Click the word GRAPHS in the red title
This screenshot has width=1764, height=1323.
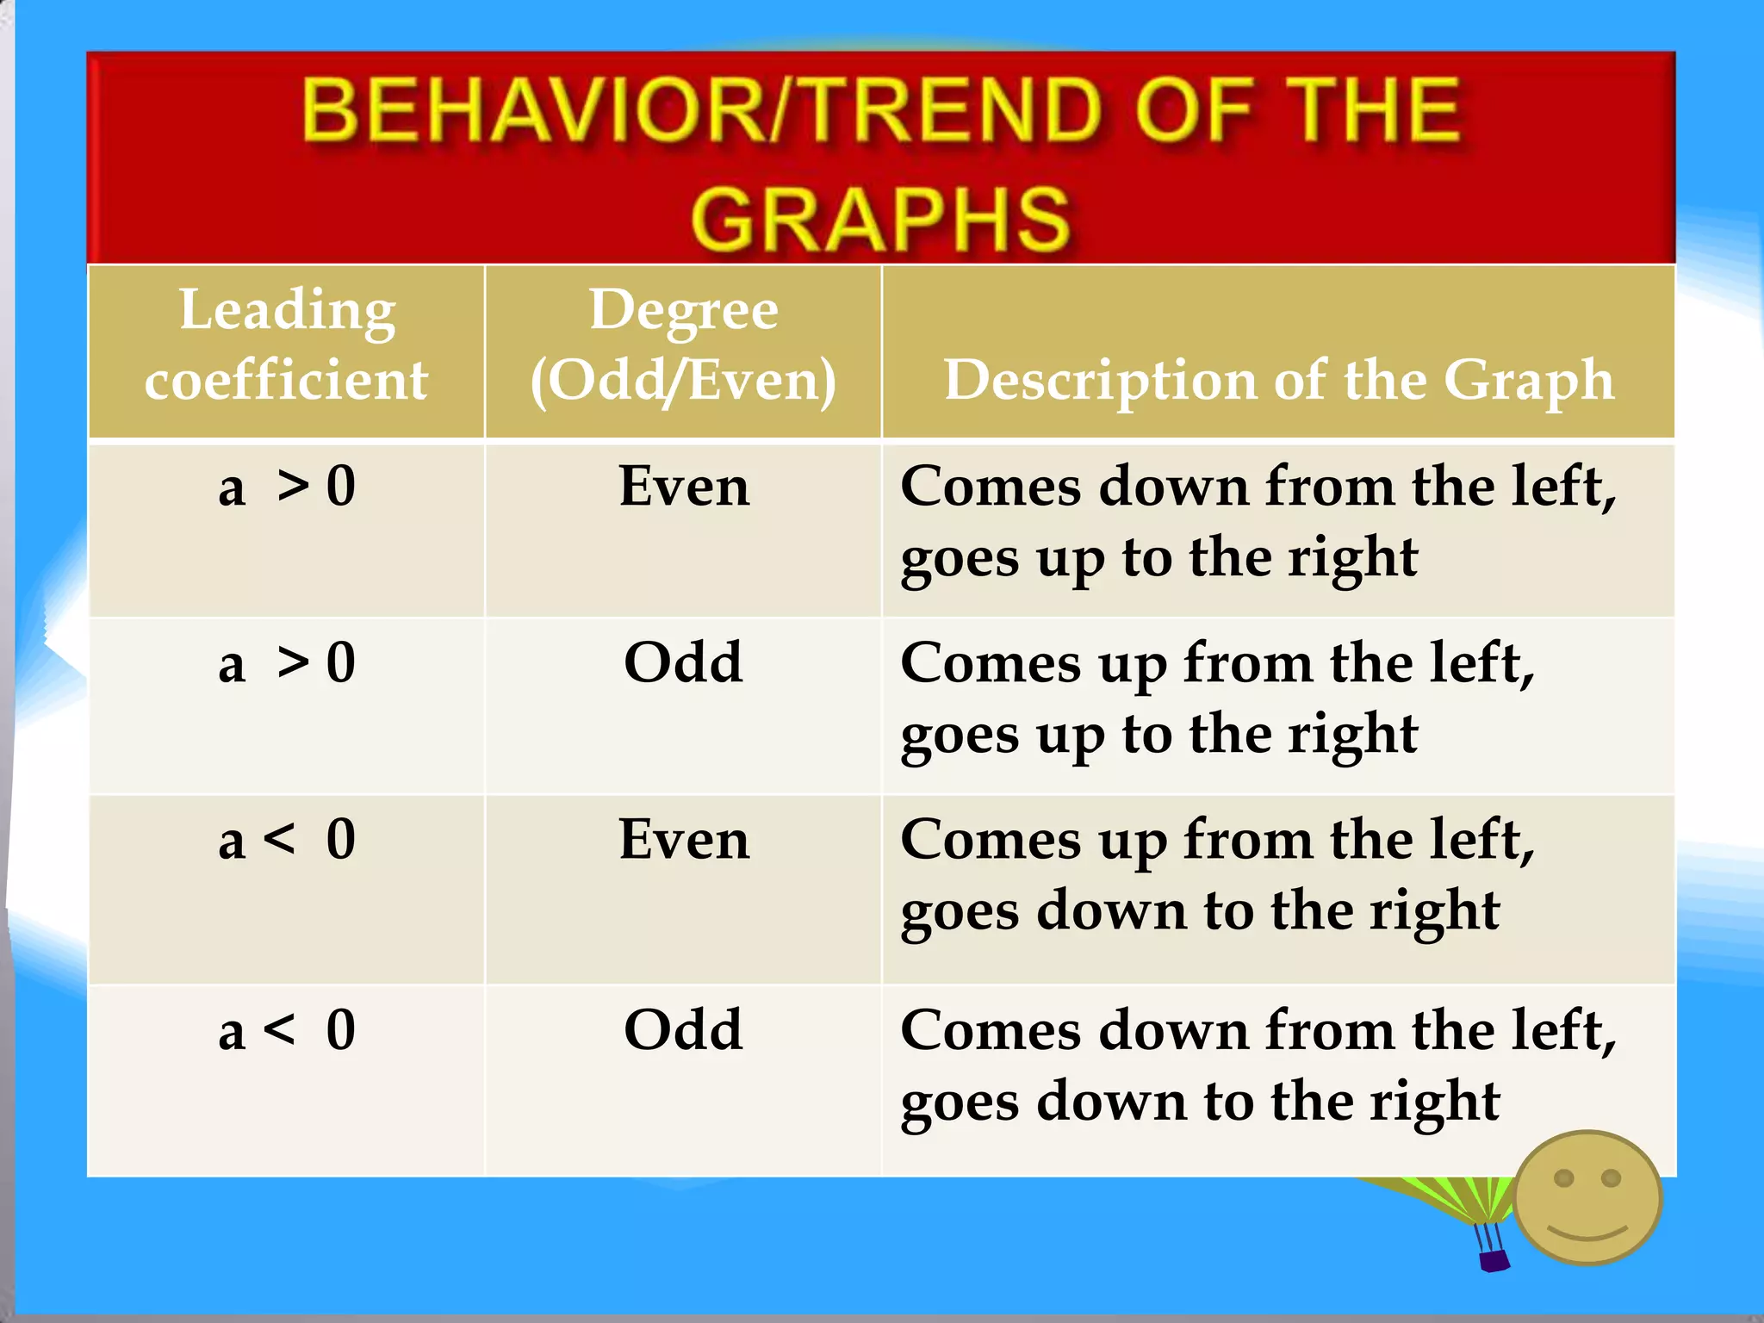tap(880, 220)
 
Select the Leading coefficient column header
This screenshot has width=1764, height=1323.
tap(287, 345)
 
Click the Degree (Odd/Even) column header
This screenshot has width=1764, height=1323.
tap(683, 345)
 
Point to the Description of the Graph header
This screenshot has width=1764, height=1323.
tap(1278, 379)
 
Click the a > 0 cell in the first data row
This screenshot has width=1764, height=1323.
tap(287, 487)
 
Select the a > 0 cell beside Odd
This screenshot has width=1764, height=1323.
tap(287, 663)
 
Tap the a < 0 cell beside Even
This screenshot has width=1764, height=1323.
tap(287, 840)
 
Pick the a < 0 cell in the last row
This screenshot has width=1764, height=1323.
tap(287, 1030)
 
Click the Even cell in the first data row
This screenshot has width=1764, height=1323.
tap(684, 487)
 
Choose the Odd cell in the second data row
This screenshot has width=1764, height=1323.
tap(683, 663)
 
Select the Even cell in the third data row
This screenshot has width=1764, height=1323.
tap(684, 840)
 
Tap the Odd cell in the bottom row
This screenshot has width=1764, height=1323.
tap(683, 1030)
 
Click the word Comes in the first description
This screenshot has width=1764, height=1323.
tap(991, 488)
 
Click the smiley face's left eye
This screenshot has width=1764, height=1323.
tap(1564, 1177)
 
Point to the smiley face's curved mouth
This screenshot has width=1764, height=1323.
tap(1587, 1233)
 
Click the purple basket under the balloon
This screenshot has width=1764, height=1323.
tap(1494, 1261)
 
